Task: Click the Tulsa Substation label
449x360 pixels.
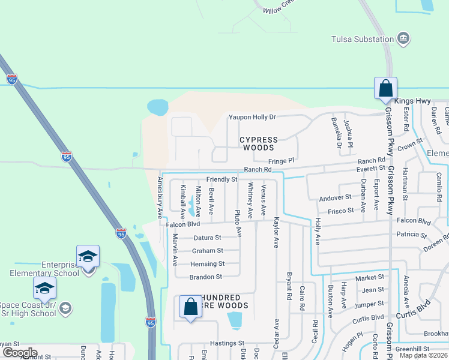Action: point(362,40)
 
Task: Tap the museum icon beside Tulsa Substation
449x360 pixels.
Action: point(404,40)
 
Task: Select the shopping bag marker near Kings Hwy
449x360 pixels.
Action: point(384,88)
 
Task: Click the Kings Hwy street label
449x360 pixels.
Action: point(414,101)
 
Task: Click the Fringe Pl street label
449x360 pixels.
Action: point(281,161)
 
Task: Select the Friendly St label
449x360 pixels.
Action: point(222,179)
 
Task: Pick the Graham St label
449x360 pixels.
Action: point(207,251)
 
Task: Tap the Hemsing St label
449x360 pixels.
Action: point(207,264)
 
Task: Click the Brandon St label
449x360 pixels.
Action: point(206,277)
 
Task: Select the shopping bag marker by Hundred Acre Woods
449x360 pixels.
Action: point(190,307)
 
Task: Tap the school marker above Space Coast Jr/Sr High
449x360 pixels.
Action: point(44,289)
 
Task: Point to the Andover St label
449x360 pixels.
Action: point(335,197)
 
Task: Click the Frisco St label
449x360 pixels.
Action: point(340,211)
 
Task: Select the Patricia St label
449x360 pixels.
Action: point(411,235)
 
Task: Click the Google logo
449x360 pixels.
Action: point(20,353)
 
